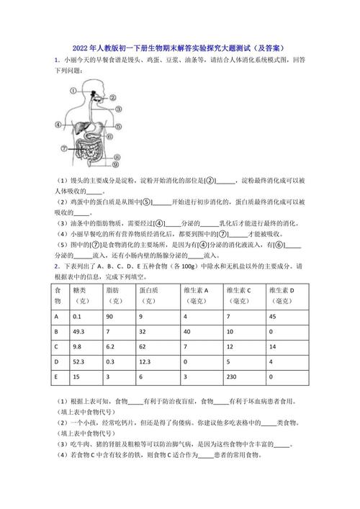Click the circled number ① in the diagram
click(x=73, y=89)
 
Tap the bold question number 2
click(x=56, y=266)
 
